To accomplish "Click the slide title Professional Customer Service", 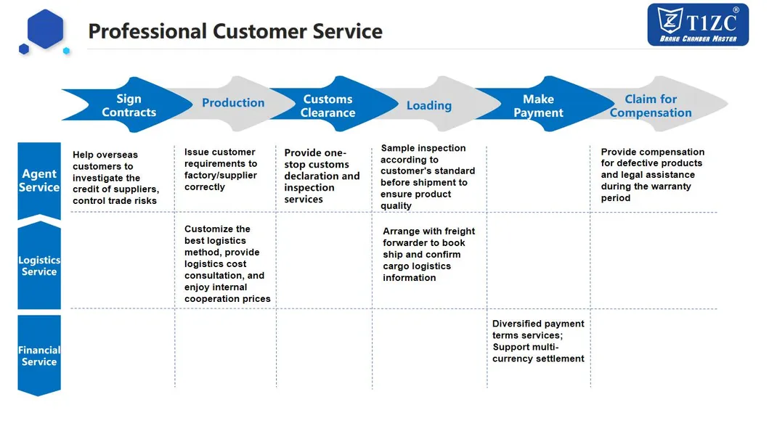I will (x=235, y=31).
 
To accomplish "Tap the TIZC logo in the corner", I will (x=697, y=24).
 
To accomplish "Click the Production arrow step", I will (x=233, y=103).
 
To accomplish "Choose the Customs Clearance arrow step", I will (x=328, y=106).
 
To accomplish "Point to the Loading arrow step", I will (x=428, y=106).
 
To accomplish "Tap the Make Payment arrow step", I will (x=538, y=106).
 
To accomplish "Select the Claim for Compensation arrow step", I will (x=651, y=106).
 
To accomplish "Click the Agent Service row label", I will (x=39, y=181).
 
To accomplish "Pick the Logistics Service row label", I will (x=39, y=266).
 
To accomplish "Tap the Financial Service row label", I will (x=39, y=356).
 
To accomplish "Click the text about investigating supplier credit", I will (x=115, y=178).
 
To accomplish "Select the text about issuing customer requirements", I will (x=221, y=169).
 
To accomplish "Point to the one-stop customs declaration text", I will (x=322, y=176).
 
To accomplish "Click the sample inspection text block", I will (x=427, y=176).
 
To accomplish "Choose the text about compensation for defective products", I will (x=651, y=175).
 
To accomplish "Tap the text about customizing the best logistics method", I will (x=227, y=263).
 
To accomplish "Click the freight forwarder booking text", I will (x=428, y=254).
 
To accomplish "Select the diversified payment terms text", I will (x=538, y=341).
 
